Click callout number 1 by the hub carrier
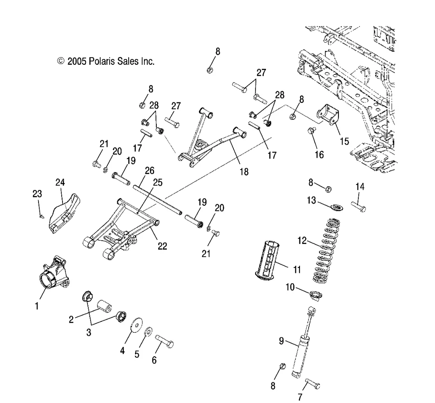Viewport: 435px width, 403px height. coord(37,306)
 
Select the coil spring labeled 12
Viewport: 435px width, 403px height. coord(330,249)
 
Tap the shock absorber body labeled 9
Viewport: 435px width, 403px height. coord(300,354)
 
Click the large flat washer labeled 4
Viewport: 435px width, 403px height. coord(135,327)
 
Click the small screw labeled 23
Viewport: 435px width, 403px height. coord(40,216)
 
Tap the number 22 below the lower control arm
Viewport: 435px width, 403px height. coord(162,246)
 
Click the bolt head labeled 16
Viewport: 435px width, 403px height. coord(311,131)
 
